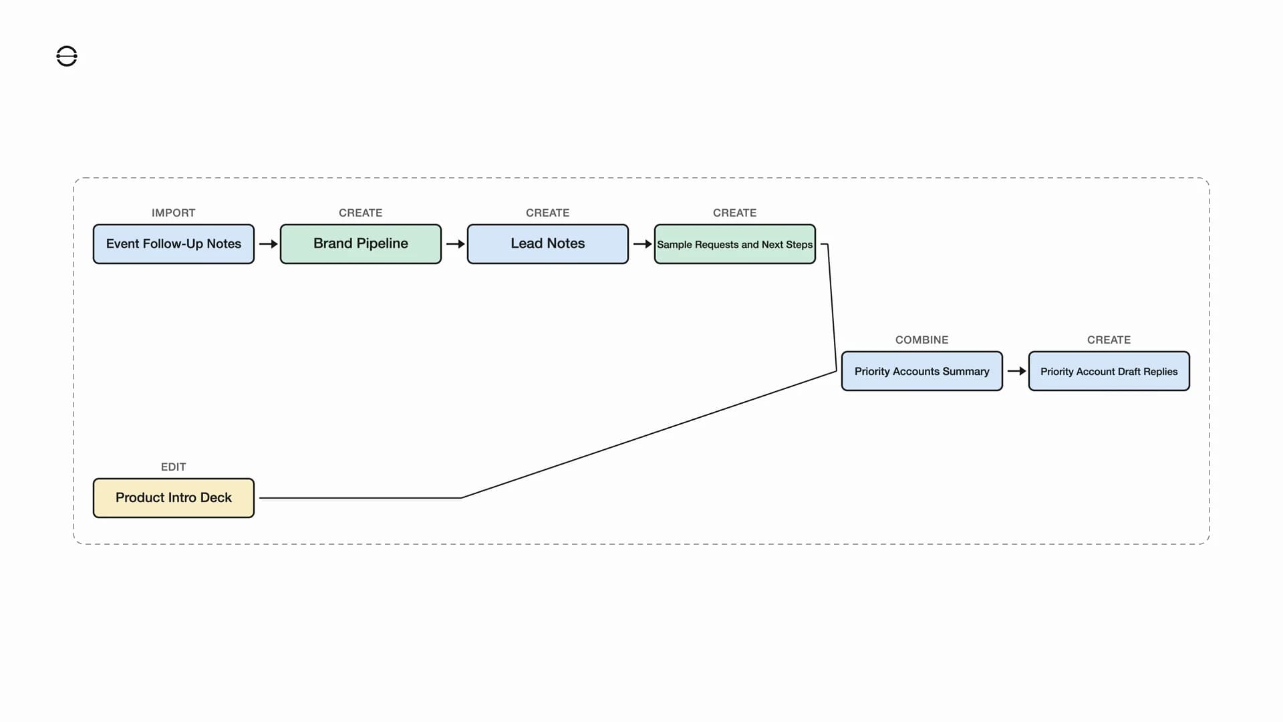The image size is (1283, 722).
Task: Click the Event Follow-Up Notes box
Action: click(x=173, y=244)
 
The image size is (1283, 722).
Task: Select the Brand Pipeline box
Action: click(x=360, y=244)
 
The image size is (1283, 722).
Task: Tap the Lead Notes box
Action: click(x=547, y=244)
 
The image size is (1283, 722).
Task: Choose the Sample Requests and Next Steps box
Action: click(x=734, y=244)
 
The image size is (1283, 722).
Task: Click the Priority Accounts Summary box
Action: click(x=921, y=371)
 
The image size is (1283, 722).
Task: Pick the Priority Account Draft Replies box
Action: click(x=1109, y=371)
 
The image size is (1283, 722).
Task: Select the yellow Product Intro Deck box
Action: click(x=173, y=498)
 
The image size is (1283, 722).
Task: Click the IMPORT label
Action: click(x=173, y=213)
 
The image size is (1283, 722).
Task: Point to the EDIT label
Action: click(x=173, y=467)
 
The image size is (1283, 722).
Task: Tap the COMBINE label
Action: click(x=921, y=340)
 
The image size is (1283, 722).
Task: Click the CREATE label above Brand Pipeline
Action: click(x=360, y=213)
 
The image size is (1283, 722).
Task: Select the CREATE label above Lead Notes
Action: click(x=547, y=213)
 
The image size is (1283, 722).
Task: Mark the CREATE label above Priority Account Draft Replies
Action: click(x=1109, y=340)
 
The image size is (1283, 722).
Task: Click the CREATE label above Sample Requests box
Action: click(x=734, y=213)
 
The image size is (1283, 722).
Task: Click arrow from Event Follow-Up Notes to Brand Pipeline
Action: click(x=268, y=244)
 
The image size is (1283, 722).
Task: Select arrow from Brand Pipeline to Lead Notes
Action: click(x=455, y=244)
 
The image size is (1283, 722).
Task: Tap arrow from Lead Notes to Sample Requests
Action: click(x=642, y=244)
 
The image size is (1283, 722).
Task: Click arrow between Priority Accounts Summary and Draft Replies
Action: click(x=1016, y=371)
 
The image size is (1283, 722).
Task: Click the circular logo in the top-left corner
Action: click(x=67, y=56)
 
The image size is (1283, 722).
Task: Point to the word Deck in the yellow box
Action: click(x=216, y=498)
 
